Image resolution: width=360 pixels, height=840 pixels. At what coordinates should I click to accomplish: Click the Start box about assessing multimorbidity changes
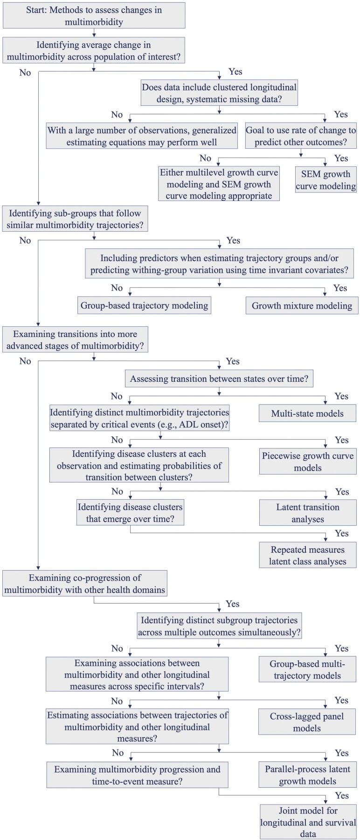[94, 16]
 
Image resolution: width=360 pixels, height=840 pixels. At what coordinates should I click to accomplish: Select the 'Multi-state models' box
[307, 413]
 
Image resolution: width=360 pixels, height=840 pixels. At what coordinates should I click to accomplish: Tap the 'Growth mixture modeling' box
[302, 306]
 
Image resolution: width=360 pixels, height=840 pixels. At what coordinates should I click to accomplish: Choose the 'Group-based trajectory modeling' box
[144, 305]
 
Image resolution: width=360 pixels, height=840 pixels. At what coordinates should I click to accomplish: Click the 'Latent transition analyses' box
[307, 513]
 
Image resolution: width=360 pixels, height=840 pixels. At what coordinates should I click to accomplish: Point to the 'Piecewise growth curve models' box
[307, 461]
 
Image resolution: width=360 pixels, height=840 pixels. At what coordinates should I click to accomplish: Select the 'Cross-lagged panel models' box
[307, 722]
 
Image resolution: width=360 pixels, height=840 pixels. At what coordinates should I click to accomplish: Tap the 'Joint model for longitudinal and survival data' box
[308, 822]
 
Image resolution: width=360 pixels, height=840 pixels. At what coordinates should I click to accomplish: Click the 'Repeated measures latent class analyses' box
[307, 556]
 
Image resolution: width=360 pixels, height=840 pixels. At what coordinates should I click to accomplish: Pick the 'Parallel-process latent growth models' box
[307, 775]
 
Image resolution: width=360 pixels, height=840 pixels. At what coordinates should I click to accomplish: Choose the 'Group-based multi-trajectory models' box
[307, 669]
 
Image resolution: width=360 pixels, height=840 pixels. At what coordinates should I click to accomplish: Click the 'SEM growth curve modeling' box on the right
[325, 180]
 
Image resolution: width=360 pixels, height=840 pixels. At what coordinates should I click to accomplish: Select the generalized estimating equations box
[142, 136]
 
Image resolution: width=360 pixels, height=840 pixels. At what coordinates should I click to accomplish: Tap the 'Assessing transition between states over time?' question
[219, 379]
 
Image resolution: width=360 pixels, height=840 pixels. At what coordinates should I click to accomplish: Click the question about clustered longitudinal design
[219, 93]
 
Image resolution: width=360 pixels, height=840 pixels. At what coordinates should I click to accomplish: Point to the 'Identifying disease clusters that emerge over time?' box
[130, 513]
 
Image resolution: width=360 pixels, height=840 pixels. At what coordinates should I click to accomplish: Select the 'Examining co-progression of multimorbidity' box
[84, 584]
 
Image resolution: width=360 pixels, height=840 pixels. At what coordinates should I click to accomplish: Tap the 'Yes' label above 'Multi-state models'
[341, 396]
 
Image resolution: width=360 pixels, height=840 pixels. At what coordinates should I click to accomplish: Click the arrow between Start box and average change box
[94, 33]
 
